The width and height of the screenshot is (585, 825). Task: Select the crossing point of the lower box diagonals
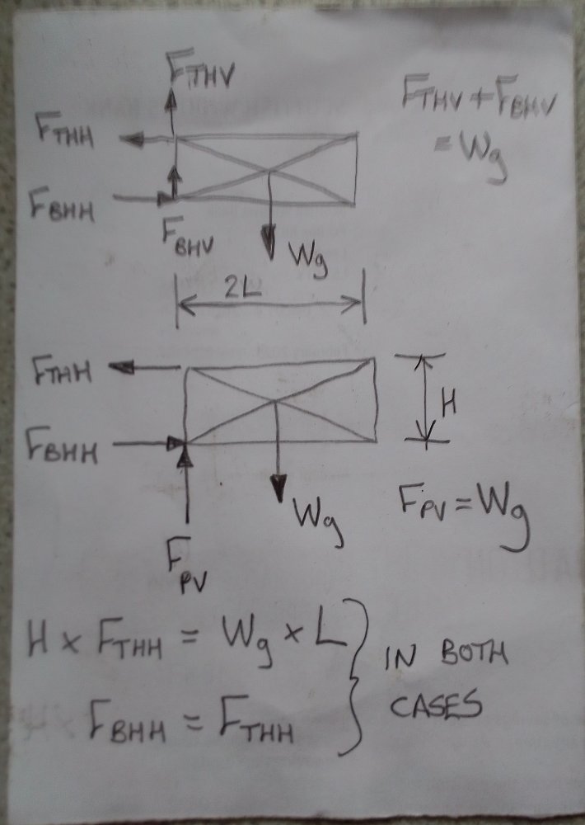click(276, 403)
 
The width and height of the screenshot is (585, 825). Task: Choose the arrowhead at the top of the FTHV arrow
click(171, 92)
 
